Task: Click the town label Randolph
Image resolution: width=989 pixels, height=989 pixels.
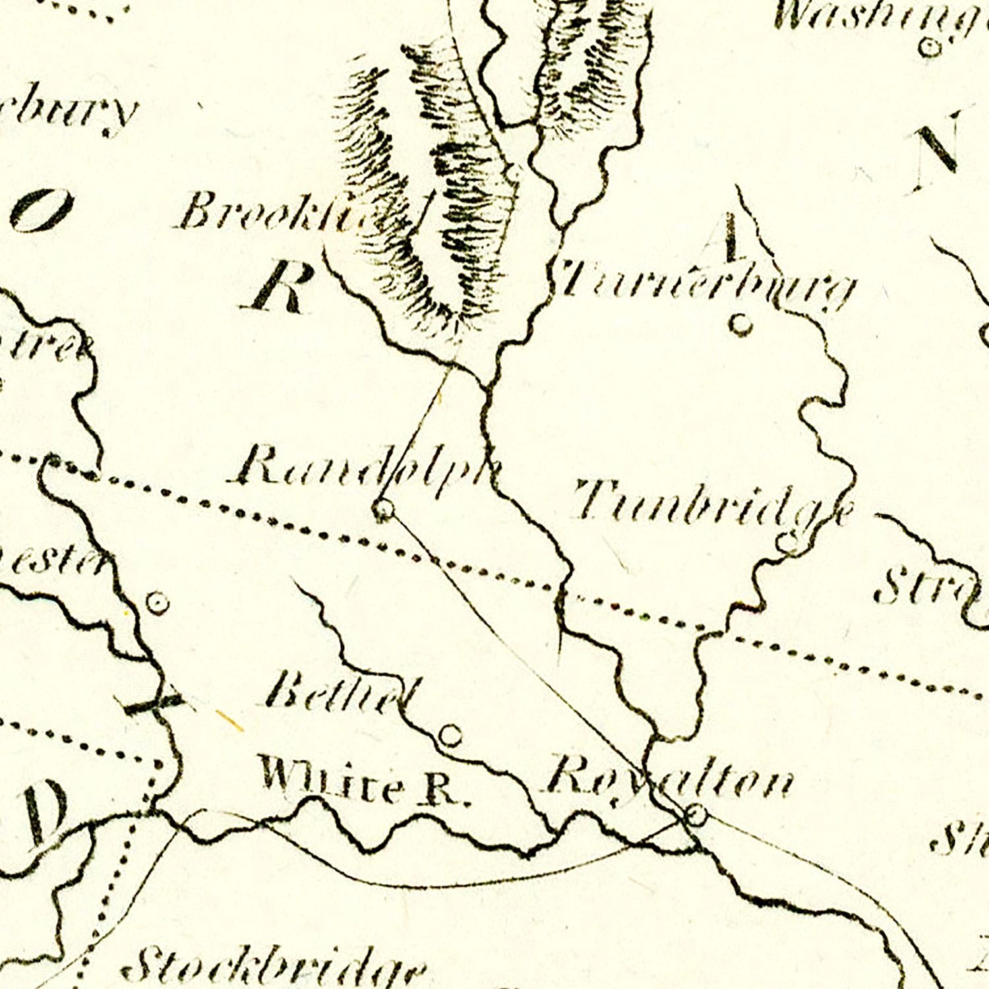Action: [x=366, y=465]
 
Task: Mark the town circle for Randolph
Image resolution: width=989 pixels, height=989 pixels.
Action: [x=383, y=509]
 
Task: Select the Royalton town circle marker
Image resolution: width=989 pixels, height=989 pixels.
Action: [x=696, y=815]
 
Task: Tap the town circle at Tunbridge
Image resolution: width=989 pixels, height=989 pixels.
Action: [x=786, y=543]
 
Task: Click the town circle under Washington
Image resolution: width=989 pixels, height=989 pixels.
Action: [x=930, y=47]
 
